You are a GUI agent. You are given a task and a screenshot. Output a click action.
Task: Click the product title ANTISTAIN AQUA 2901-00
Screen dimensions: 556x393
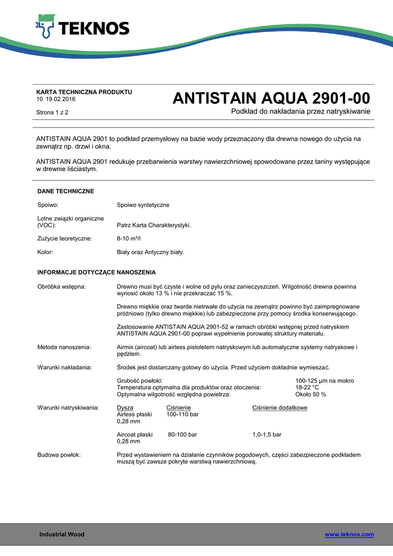271,98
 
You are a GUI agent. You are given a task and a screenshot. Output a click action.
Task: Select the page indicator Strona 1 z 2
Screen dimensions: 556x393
52,112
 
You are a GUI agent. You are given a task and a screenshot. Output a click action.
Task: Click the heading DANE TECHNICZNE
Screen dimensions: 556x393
66,191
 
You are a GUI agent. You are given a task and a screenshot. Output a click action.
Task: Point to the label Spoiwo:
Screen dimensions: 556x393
48,205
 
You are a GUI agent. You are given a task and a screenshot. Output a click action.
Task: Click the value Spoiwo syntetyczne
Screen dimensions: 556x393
143,205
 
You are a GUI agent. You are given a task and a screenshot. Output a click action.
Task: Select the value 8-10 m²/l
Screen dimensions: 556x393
129,238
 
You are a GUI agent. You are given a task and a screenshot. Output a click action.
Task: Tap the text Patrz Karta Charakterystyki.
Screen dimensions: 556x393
154,225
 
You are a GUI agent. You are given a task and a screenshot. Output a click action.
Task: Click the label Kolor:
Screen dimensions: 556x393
45,252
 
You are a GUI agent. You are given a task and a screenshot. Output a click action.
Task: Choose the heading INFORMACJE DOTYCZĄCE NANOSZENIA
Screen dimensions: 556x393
97,272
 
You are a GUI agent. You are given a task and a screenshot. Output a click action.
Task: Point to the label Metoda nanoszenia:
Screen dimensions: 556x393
64,347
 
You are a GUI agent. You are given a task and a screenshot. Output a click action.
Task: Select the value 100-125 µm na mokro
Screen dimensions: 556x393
325,381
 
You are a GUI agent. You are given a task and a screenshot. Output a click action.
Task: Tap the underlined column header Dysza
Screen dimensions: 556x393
125,408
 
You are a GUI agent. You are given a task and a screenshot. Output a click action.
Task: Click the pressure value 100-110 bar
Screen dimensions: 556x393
182,415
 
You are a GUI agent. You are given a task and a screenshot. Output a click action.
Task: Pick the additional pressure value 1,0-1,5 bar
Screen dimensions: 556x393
267,435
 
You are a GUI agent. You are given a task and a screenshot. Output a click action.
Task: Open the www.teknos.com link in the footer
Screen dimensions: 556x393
349,535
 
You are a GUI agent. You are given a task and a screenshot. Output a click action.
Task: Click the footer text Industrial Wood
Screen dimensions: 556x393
62,535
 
